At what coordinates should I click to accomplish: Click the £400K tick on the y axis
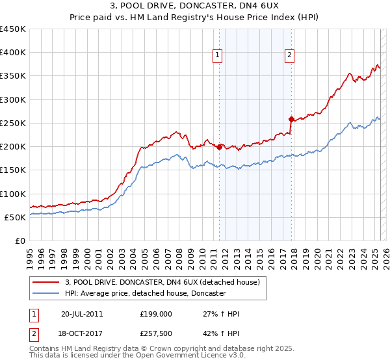click(13, 53)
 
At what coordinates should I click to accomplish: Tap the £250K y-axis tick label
click(13, 123)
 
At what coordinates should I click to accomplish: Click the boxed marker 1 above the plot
click(217, 56)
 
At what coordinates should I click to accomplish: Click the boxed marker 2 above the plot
click(289, 56)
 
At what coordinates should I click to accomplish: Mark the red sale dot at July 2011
click(220, 148)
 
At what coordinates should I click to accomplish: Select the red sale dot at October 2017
click(291, 119)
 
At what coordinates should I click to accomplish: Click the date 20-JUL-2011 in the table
click(82, 314)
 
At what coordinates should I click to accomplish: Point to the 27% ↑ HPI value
click(221, 314)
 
